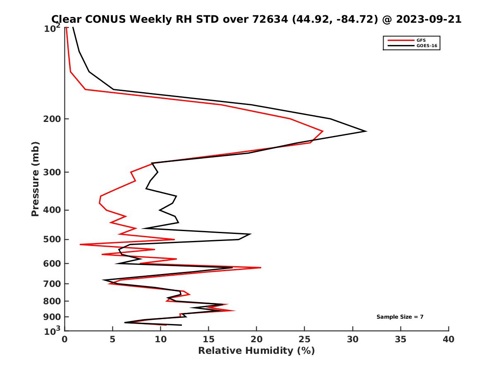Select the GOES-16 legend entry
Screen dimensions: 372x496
(x=426, y=46)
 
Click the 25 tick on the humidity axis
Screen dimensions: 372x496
(x=305, y=339)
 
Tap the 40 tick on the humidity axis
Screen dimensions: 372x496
(x=448, y=339)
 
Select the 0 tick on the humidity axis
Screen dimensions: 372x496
(x=65, y=339)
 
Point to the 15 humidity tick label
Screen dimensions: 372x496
(x=209, y=339)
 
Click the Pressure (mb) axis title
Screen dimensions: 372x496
(x=35, y=179)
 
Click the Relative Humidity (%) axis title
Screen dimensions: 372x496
(x=256, y=351)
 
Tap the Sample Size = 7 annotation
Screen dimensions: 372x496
(x=400, y=317)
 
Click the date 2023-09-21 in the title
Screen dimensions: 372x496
(x=428, y=19)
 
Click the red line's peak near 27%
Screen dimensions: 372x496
(x=323, y=131)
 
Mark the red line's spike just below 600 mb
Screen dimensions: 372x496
(x=261, y=268)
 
